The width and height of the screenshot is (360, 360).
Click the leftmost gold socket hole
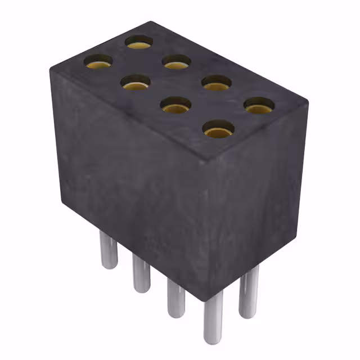coord(98,61)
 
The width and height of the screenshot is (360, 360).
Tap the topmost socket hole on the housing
coord(139,42)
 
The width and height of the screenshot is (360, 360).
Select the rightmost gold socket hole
coord(259,105)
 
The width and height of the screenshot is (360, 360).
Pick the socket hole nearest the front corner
coord(218,130)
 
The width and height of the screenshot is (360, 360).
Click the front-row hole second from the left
coord(136,84)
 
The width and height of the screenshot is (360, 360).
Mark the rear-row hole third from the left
coord(217,83)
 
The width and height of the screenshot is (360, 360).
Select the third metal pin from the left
coord(175,298)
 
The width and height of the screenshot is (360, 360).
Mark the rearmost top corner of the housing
coord(150,22)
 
